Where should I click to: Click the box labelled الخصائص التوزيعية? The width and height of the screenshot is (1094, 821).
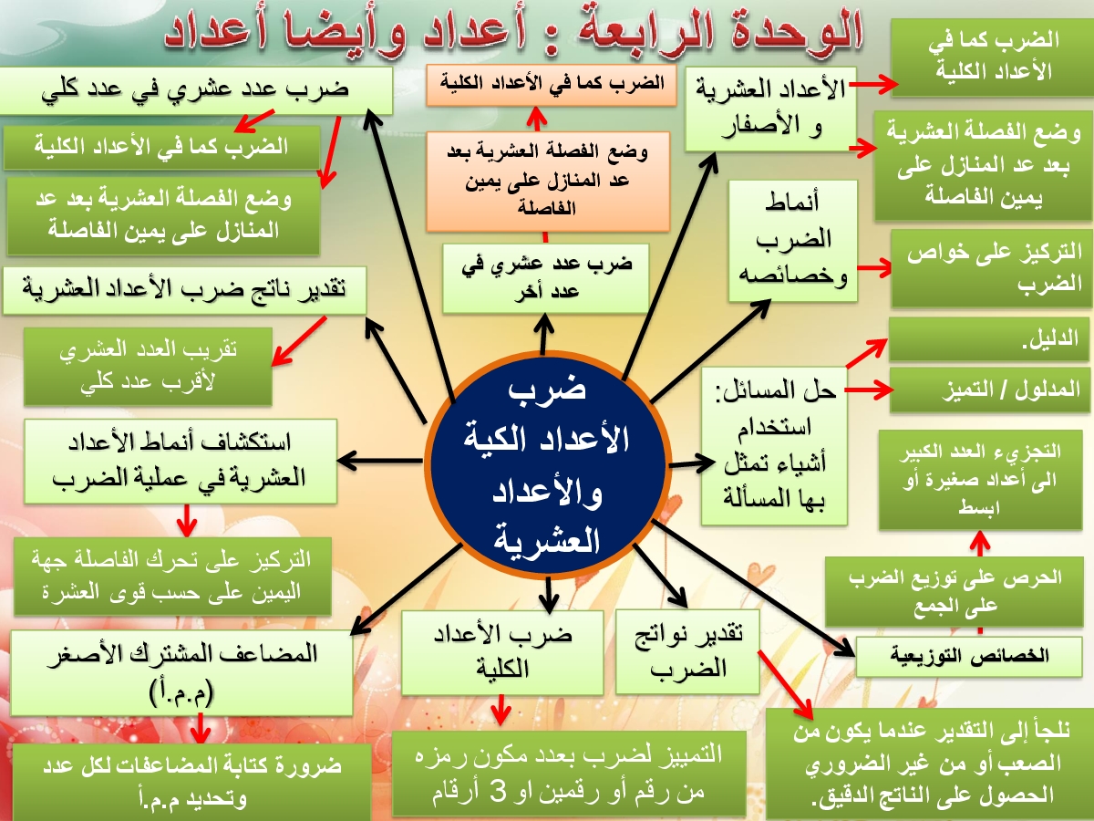(969, 656)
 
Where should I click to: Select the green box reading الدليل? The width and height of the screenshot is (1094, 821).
(989, 339)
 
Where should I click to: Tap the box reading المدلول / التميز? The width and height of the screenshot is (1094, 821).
(990, 390)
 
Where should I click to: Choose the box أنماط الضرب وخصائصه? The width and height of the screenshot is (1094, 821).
(793, 241)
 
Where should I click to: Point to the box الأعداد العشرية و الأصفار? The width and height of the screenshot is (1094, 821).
(770, 109)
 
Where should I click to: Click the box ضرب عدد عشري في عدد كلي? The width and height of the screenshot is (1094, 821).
(196, 90)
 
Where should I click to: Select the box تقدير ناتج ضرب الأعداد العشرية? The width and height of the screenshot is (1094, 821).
(184, 290)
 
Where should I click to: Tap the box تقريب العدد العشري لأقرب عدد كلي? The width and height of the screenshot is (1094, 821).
(148, 366)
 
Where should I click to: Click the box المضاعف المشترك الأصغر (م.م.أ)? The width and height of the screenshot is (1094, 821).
(181, 672)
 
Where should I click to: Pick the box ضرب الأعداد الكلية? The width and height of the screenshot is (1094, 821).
(502, 652)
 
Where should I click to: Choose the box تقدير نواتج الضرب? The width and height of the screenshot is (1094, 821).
(687, 652)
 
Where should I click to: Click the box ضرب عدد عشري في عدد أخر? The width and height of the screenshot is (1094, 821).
(546, 278)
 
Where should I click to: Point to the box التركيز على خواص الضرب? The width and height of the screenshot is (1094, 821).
(992, 268)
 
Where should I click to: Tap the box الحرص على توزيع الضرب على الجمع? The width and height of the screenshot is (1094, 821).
(955, 592)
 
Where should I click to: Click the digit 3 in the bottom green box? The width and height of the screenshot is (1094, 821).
(499, 791)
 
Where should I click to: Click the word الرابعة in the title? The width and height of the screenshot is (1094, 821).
(655, 31)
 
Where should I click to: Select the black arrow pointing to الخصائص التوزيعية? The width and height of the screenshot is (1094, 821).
(753, 588)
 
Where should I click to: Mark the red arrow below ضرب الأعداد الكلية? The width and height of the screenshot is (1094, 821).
(501, 711)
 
